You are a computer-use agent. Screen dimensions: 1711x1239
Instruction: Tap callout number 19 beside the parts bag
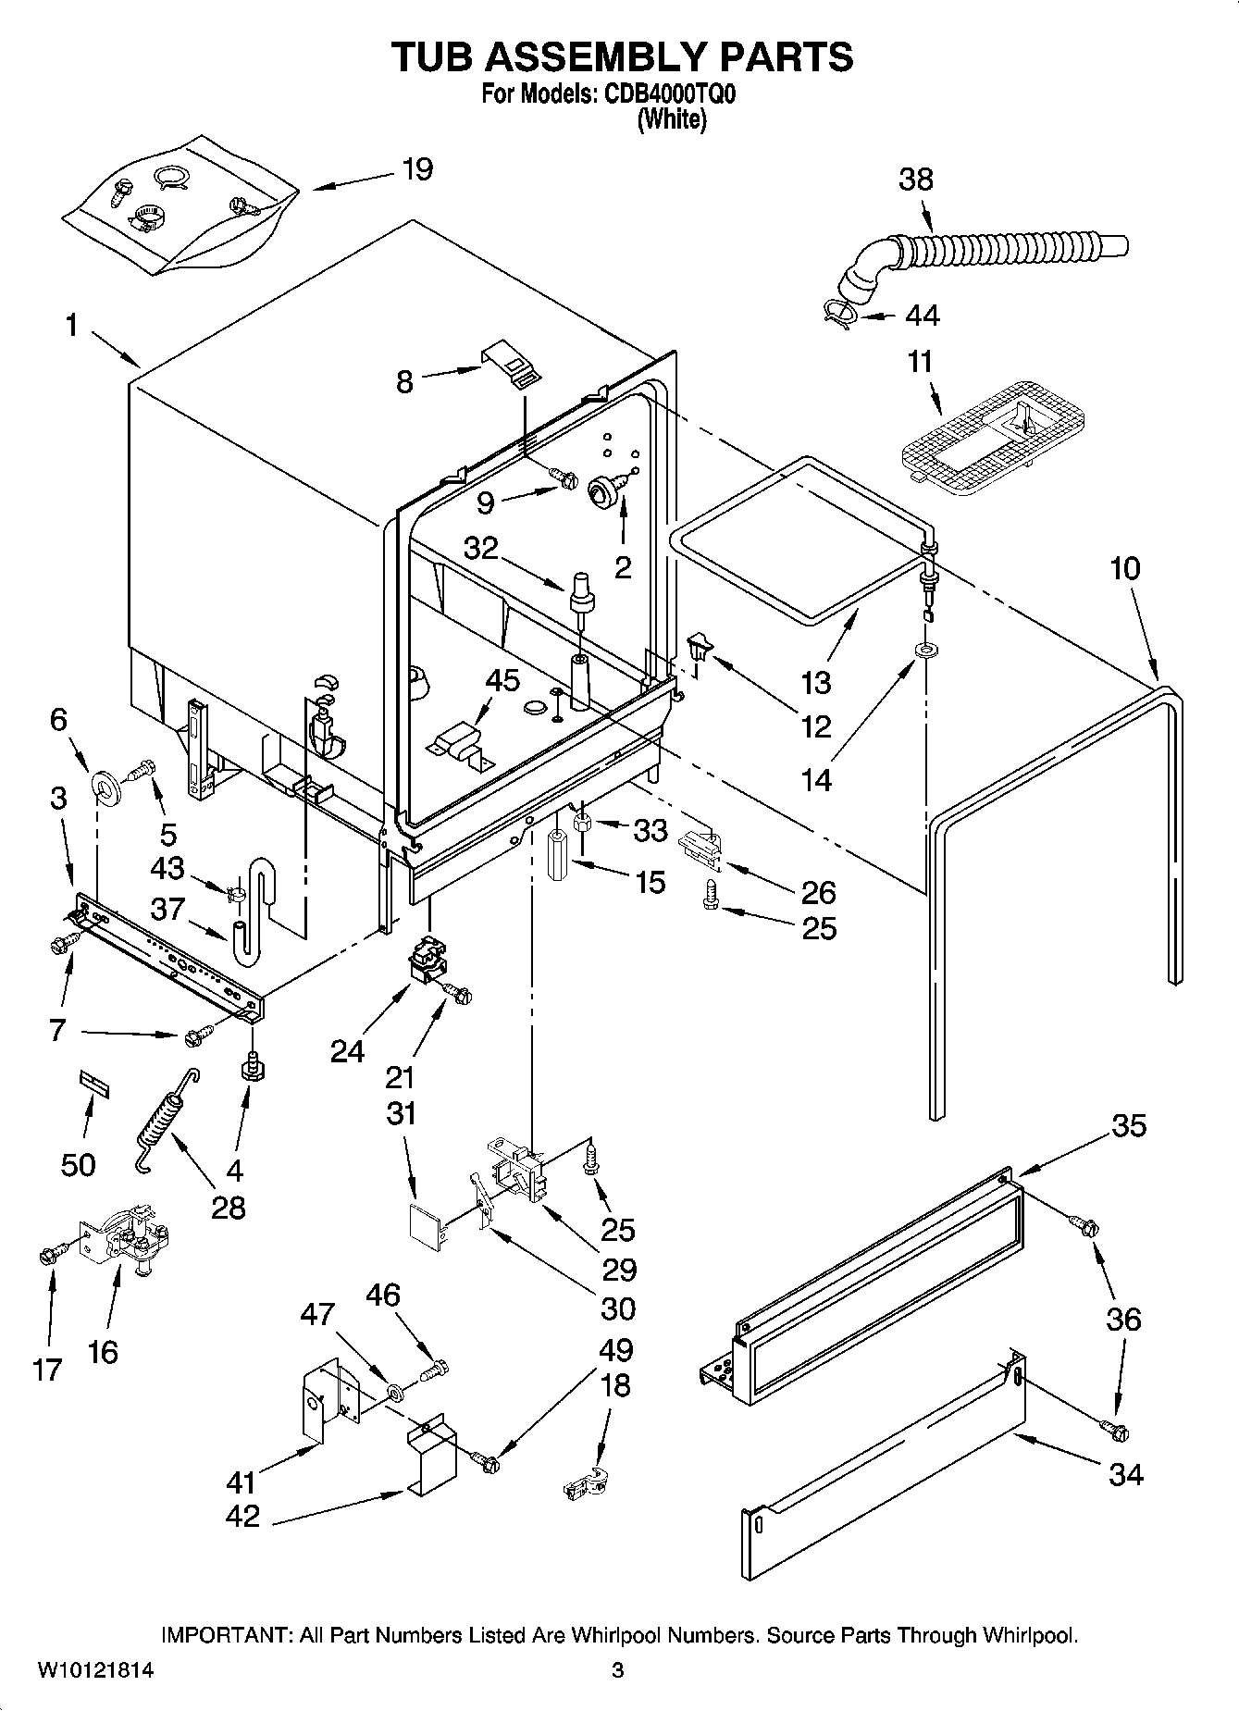coord(417,170)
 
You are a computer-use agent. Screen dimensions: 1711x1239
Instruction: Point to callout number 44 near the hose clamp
coord(922,316)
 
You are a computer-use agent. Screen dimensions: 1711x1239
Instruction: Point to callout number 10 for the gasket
coord(1125,568)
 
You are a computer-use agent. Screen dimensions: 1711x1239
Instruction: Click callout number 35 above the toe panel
coord(1129,1125)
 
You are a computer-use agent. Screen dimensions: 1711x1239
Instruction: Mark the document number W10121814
coord(95,1670)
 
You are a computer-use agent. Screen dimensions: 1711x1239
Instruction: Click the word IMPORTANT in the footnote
coord(227,1635)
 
